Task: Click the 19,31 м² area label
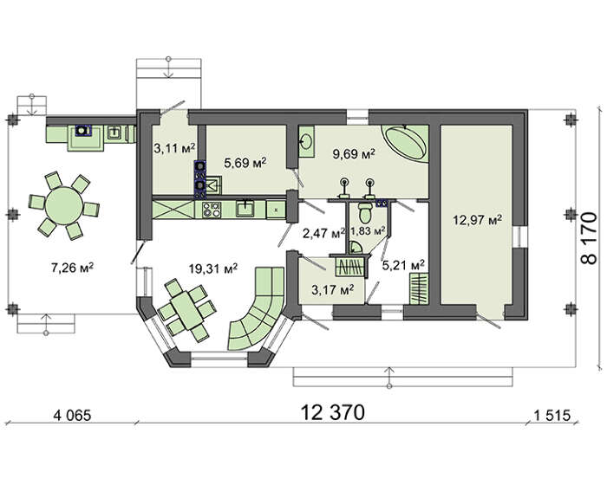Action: (213, 268)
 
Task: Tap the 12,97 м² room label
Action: (478, 220)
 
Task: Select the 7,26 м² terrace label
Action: (72, 268)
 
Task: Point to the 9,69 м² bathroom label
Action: (354, 154)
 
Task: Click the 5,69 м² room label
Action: (245, 163)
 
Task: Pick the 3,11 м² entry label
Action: (173, 148)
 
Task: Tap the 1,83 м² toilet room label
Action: (368, 231)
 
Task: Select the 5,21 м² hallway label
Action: (403, 265)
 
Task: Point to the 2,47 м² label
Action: (323, 233)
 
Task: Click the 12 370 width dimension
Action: (332, 412)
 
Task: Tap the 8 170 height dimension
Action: (589, 238)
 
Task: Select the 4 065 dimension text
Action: (72, 416)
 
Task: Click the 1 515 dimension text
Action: (552, 416)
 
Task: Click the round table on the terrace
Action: (64, 206)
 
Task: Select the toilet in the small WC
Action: (365, 211)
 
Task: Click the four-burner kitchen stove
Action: (212, 210)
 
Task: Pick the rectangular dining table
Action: (187, 310)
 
